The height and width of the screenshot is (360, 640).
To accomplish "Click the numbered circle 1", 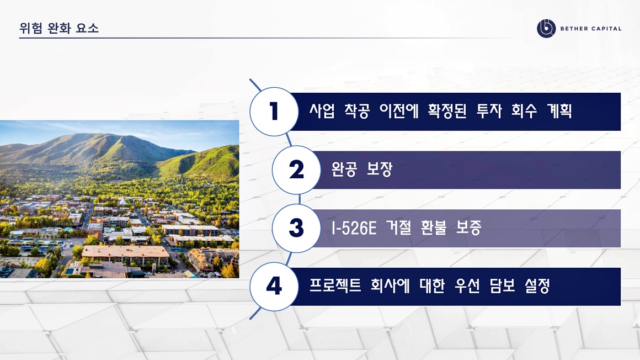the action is coord(274,112).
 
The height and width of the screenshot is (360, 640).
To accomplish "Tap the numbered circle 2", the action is coord(296,170).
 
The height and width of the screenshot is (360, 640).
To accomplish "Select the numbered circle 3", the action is coord(296,229).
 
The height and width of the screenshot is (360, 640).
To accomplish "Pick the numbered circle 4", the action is coord(274,287).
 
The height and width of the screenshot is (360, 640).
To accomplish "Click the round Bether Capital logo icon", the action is coord(546,29).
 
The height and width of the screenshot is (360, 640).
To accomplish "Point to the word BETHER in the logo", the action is coord(574,29).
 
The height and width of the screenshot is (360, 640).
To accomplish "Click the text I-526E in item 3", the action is coord(354,229).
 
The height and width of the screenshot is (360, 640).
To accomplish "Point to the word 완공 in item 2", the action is coord(344,169).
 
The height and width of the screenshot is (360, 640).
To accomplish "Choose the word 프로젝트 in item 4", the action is coord(335,285).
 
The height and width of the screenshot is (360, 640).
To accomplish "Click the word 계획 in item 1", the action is coord(559,111).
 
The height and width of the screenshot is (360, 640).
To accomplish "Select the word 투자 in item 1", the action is coord(489,111).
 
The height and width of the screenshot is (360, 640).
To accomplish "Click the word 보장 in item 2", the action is coord(380,169).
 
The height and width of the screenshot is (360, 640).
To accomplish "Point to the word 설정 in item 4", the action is coord(537,285).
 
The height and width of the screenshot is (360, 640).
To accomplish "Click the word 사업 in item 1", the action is coord(322,111).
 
